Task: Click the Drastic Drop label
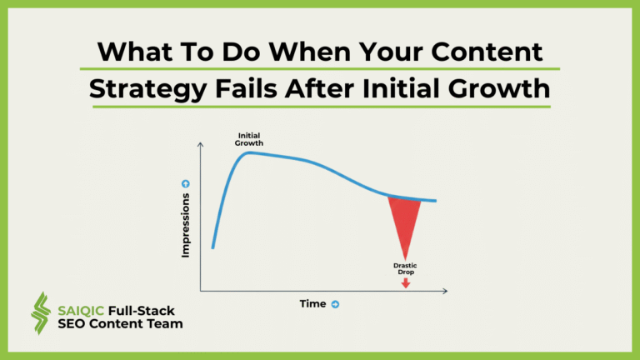[x=405, y=269]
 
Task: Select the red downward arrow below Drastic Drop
[x=406, y=283]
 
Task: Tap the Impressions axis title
[x=186, y=225]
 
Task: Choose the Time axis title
[x=312, y=304]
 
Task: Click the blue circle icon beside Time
[x=335, y=304]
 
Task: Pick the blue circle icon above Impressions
[x=186, y=183]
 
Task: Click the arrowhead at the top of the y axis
[x=200, y=146]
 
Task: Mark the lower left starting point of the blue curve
[x=213, y=247]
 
